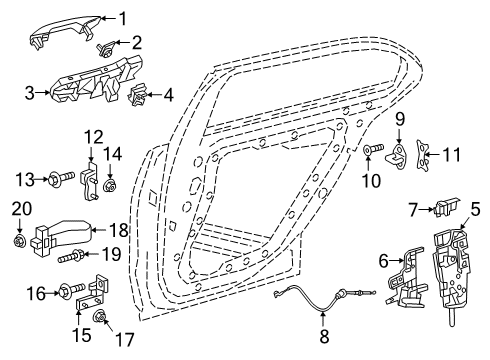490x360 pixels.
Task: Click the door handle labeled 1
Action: coord(65,31)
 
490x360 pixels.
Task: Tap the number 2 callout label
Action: coord(136,43)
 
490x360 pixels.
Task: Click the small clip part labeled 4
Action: coord(137,95)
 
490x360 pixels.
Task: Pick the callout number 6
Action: coord(383,261)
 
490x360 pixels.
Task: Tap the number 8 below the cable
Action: coord(324,336)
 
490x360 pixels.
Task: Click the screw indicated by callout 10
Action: coord(373,148)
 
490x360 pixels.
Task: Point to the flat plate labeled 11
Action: coord(422,156)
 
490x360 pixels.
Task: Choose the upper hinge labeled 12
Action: coord(88,182)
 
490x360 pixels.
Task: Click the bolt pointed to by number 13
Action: coord(62,177)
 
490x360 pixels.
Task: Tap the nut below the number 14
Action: coord(109,185)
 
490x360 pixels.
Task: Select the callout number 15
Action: coord(82,335)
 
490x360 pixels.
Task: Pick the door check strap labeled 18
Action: coord(62,237)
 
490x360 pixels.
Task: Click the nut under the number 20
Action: coord(19,241)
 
